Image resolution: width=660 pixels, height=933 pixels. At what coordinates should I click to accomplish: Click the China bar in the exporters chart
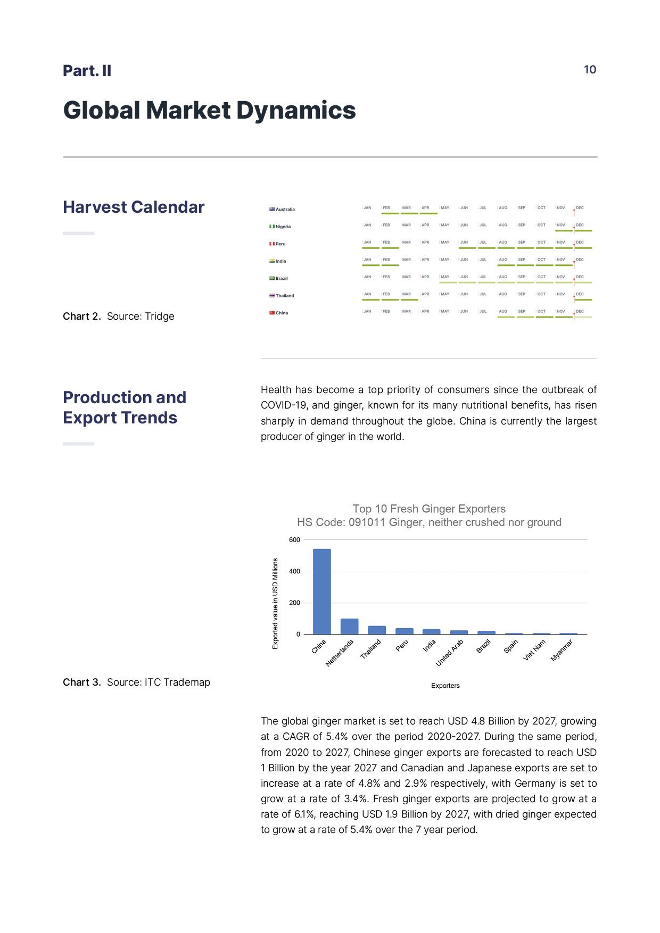321,592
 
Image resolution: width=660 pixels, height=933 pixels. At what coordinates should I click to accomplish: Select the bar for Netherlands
349,627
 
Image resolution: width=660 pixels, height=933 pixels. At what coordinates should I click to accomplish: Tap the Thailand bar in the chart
377,630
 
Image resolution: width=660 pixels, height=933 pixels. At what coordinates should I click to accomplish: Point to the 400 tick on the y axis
294,571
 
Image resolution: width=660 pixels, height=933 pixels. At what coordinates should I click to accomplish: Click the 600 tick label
294,540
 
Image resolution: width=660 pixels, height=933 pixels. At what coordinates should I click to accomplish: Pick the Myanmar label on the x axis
562,650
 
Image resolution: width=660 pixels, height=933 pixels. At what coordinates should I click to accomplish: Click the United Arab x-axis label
450,653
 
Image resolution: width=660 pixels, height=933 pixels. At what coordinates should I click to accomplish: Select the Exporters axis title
445,686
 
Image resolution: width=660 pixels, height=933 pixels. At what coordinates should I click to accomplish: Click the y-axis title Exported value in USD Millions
275,603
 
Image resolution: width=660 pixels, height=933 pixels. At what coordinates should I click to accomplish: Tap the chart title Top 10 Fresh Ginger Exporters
429,509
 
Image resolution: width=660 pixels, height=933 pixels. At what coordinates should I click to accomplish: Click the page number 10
590,70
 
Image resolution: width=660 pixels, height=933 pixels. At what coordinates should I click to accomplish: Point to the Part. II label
87,71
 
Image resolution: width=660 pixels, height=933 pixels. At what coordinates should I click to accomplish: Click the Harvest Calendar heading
134,207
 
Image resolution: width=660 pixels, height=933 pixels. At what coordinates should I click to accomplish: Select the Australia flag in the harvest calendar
271,209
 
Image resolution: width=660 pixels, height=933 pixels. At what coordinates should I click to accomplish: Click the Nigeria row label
283,227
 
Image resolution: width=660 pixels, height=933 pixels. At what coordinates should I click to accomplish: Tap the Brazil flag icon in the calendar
271,278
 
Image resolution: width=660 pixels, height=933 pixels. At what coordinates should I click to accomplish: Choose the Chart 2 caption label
81,316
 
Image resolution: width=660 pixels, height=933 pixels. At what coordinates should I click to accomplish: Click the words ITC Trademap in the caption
177,682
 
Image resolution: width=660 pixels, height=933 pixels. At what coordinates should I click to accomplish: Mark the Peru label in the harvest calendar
280,244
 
